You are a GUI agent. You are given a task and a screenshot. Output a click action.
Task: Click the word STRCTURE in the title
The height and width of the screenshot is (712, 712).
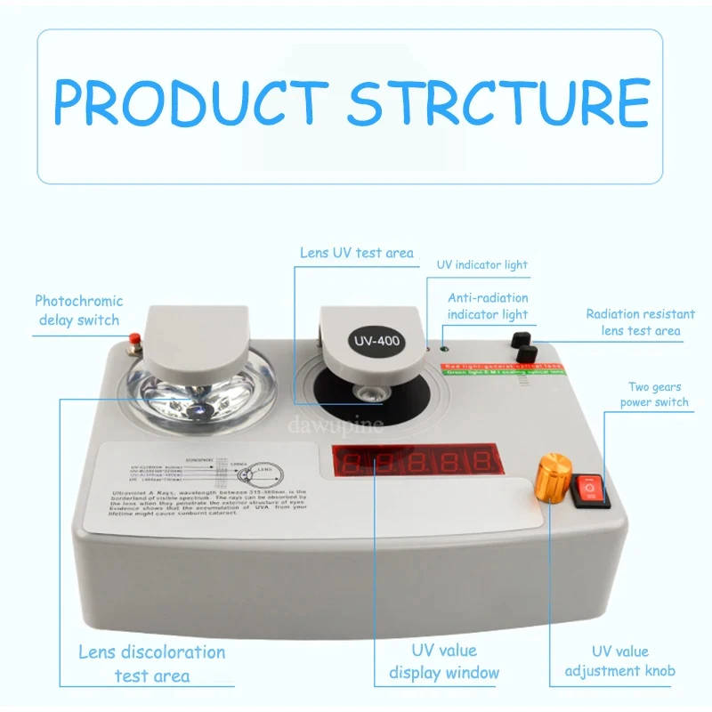pos(498,103)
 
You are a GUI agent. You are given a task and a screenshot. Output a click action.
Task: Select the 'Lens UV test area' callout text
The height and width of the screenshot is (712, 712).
pos(355,253)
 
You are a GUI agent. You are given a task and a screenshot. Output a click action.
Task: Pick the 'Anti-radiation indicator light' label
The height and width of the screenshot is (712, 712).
pos(487,305)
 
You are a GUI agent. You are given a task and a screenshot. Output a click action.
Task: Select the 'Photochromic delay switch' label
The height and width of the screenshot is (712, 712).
pos(78,310)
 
